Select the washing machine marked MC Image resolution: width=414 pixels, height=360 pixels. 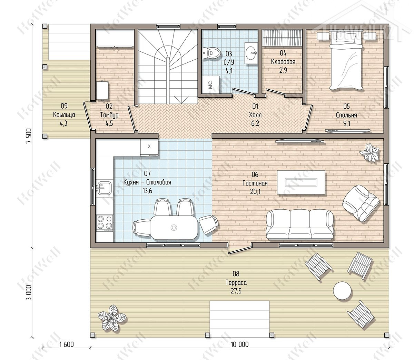pyautogui.click(x=211, y=84)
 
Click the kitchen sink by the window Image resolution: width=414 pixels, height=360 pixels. pyautogui.click(x=104, y=188)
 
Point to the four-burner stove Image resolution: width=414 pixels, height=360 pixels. pyautogui.click(x=105, y=222)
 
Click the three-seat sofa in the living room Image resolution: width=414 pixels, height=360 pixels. pyautogui.click(x=300, y=224)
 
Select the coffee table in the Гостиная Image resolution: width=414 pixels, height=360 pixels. pyautogui.click(x=301, y=182)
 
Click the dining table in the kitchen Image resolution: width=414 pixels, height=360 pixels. pyautogui.click(x=174, y=228)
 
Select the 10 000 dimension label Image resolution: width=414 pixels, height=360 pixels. pyautogui.click(x=239, y=344)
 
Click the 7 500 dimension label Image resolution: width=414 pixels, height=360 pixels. pyautogui.click(x=29, y=136)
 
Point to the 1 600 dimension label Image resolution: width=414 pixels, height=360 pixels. pyautogui.click(x=66, y=344)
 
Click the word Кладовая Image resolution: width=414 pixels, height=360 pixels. pyautogui.click(x=283, y=61)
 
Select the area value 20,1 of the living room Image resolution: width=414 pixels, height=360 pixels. pyautogui.click(x=255, y=191)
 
